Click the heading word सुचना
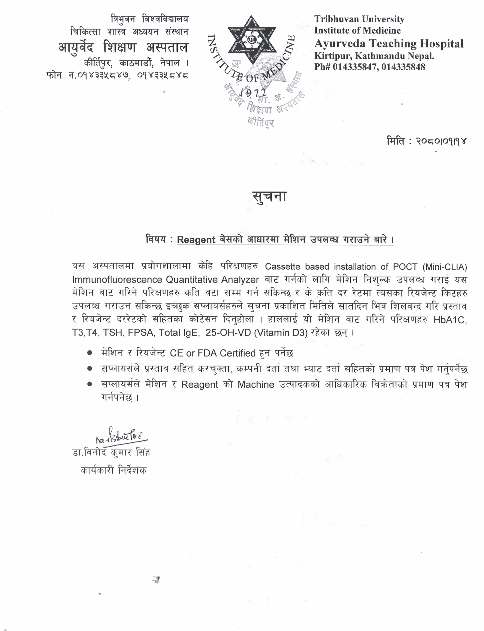coord(270,197)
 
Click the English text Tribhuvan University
coord(359,19)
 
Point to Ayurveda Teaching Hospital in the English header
coord(389,44)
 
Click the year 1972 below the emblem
coord(253,92)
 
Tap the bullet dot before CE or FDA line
coord(90,353)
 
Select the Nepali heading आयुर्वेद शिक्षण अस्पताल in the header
coord(123,47)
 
